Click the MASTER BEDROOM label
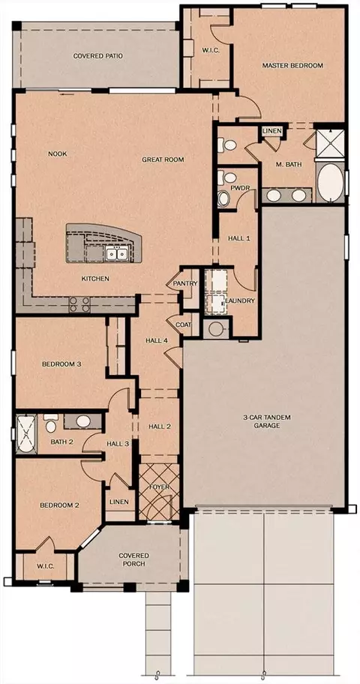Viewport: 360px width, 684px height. pyautogui.click(x=292, y=65)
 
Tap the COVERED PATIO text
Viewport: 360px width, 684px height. pyautogui.click(x=97, y=55)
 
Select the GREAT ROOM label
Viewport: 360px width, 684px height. pyautogui.click(x=163, y=160)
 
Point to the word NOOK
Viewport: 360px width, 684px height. pyautogui.click(x=57, y=154)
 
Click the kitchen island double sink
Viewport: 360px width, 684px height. pyautogui.click(x=116, y=253)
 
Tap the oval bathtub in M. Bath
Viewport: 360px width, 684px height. pyautogui.click(x=330, y=182)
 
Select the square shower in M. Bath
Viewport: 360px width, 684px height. pyautogui.click(x=329, y=142)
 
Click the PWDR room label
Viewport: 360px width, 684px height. pyautogui.click(x=238, y=188)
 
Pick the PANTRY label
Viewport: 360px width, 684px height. pyautogui.click(x=185, y=283)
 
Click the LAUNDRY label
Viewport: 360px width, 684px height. pyautogui.click(x=240, y=301)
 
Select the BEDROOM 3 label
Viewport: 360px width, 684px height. pyautogui.click(x=62, y=364)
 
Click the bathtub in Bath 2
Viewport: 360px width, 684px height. pyautogui.click(x=26, y=434)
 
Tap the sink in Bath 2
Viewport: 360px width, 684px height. pyautogui.click(x=83, y=421)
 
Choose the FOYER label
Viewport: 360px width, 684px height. pyautogui.click(x=159, y=487)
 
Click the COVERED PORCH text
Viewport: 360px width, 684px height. pyautogui.click(x=134, y=559)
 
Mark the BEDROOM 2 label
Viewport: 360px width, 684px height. pyautogui.click(x=59, y=505)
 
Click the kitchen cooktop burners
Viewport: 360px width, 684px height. pyautogui.click(x=79, y=304)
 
